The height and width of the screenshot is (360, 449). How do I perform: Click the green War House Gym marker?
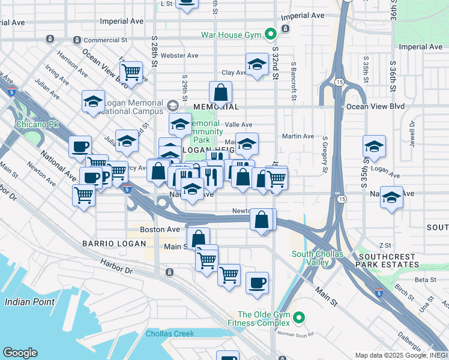270,35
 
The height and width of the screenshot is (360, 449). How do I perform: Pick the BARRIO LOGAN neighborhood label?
114,244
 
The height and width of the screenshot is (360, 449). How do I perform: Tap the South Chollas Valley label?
318,258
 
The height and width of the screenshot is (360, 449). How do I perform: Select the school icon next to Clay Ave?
256,64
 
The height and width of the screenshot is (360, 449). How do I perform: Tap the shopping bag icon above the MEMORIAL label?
220,92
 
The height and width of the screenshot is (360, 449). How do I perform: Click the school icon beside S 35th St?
374,146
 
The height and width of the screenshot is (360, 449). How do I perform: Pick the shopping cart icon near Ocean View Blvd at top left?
131,72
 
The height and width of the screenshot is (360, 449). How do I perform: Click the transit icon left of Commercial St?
77,40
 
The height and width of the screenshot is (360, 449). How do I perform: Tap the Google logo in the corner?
20,352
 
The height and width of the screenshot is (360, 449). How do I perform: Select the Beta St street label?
425,280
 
